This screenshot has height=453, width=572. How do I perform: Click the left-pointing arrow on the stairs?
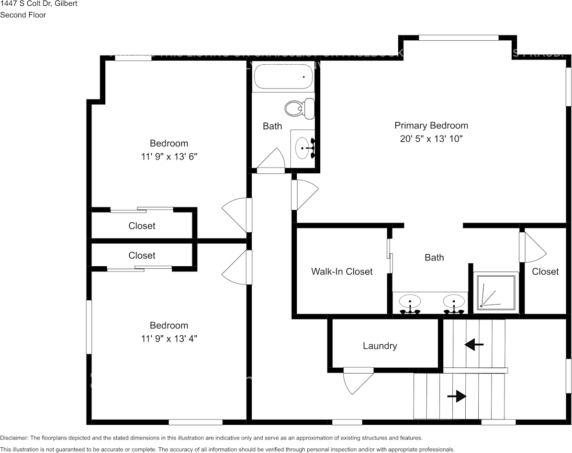click(474, 344)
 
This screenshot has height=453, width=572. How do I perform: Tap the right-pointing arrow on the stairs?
click(457, 396)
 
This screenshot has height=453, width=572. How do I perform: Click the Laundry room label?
click(380, 346)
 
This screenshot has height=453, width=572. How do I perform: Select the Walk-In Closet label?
click(341, 272)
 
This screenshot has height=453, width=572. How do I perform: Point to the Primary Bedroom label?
click(431, 125)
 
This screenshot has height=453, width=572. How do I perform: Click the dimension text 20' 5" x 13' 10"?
click(431, 139)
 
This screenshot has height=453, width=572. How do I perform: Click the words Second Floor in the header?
click(23, 15)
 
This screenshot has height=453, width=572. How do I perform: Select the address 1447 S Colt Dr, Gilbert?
click(39, 4)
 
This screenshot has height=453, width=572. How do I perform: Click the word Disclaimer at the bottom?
click(14, 438)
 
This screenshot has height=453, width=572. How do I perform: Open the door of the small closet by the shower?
click(531, 247)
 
